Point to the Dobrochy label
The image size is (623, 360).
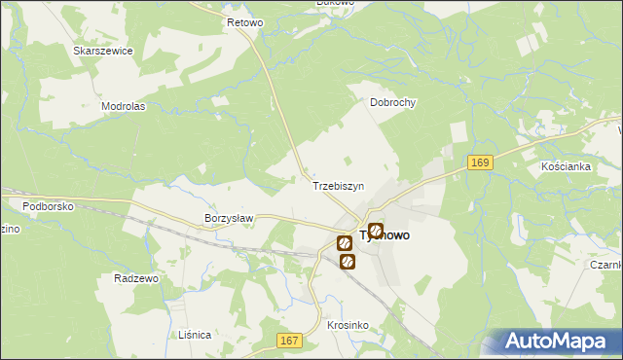pos(393,101)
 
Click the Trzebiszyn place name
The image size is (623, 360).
pos(338,185)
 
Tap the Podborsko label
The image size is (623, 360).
pos(49,205)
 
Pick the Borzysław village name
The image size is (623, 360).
pos(229,219)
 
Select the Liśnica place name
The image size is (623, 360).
pos(195,334)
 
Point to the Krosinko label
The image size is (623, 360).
pos(347,325)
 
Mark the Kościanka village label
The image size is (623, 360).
pos(567,166)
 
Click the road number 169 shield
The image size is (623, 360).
pos(477,162)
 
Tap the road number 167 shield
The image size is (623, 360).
pos(288,340)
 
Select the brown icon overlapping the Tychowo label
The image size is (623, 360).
pos(376,231)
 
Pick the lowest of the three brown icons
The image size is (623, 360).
pos(347,262)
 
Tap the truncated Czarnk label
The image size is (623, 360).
pos(605,264)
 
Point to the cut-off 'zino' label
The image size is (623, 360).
pos(9,229)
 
